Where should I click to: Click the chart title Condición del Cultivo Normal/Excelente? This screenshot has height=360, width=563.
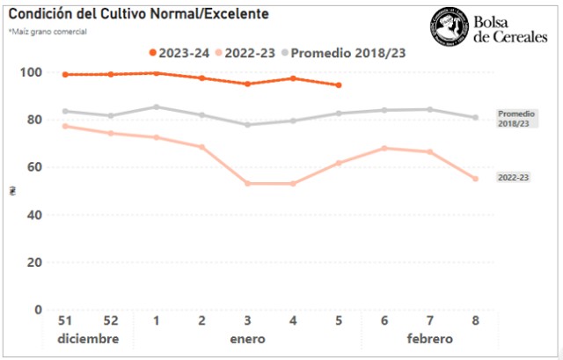(138, 14)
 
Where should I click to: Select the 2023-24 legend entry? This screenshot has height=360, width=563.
(179, 53)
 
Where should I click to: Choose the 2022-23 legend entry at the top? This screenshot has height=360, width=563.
(248, 53)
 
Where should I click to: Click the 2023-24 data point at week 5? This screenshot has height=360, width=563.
(339, 85)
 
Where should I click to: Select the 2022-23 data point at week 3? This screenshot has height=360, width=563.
(247, 183)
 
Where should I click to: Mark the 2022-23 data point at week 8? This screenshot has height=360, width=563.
(476, 179)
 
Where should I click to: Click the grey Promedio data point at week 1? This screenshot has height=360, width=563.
(156, 107)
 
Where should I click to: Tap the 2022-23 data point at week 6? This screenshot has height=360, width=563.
(384, 148)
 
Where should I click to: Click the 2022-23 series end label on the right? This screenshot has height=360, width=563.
(513, 178)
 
